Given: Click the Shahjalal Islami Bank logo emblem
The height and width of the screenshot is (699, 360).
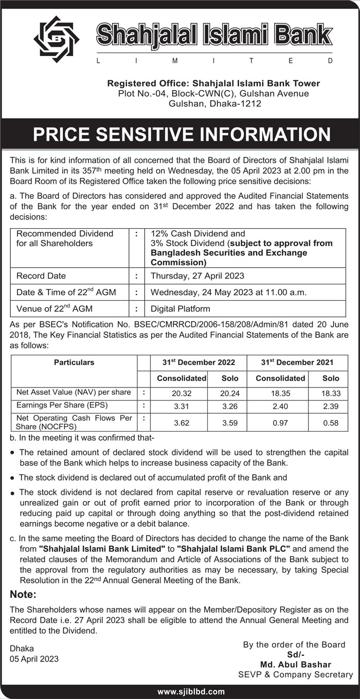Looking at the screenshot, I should pyautogui.click(x=56, y=39).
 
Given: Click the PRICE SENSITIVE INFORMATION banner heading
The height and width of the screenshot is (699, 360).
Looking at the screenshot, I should pyautogui.click(x=182, y=135).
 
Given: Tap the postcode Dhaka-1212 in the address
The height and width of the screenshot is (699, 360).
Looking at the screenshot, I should pyautogui.click(x=235, y=103).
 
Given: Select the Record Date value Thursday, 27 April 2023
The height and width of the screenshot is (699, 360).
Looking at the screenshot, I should pyautogui.click(x=197, y=276).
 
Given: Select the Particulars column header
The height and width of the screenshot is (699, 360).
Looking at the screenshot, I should pyautogui.click(x=74, y=362).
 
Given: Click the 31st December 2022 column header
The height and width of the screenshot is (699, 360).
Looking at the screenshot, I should pyautogui.click(x=199, y=362).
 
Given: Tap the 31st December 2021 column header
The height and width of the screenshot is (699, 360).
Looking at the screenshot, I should pyautogui.click(x=297, y=362).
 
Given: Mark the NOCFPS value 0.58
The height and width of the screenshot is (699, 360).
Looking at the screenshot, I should pyautogui.click(x=331, y=424).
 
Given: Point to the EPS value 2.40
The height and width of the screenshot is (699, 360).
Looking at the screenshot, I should pyautogui.click(x=280, y=406).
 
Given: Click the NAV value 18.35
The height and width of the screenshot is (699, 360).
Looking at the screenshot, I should pyautogui.click(x=280, y=393).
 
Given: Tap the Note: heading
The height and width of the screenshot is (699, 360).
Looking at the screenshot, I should pyautogui.click(x=24, y=595).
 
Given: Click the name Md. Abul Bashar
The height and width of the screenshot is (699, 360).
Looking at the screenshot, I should pyautogui.click(x=295, y=665).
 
